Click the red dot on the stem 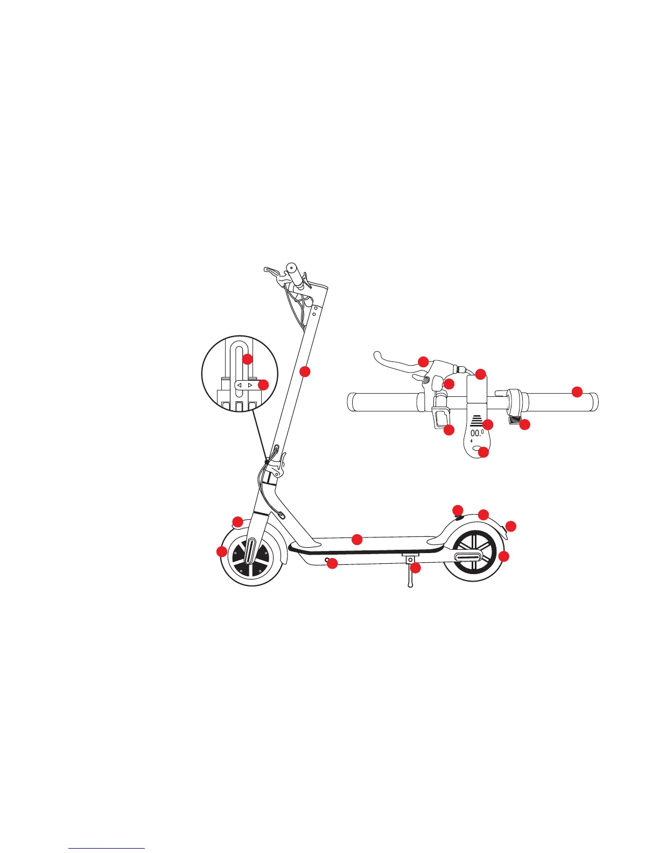click(x=305, y=371)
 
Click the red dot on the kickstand click(x=415, y=568)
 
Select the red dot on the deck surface click(x=356, y=539)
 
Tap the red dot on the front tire click(x=221, y=551)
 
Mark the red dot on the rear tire click(x=503, y=556)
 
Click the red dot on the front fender click(x=237, y=521)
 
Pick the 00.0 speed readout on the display click(x=477, y=433)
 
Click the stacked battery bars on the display click(x=476, y=422)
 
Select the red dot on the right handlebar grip click(x=577, y=391)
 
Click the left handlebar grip click(x=382, y=402)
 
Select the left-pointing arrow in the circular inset click(x=240, y=385)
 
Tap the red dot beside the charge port click(x=332, y=564)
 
